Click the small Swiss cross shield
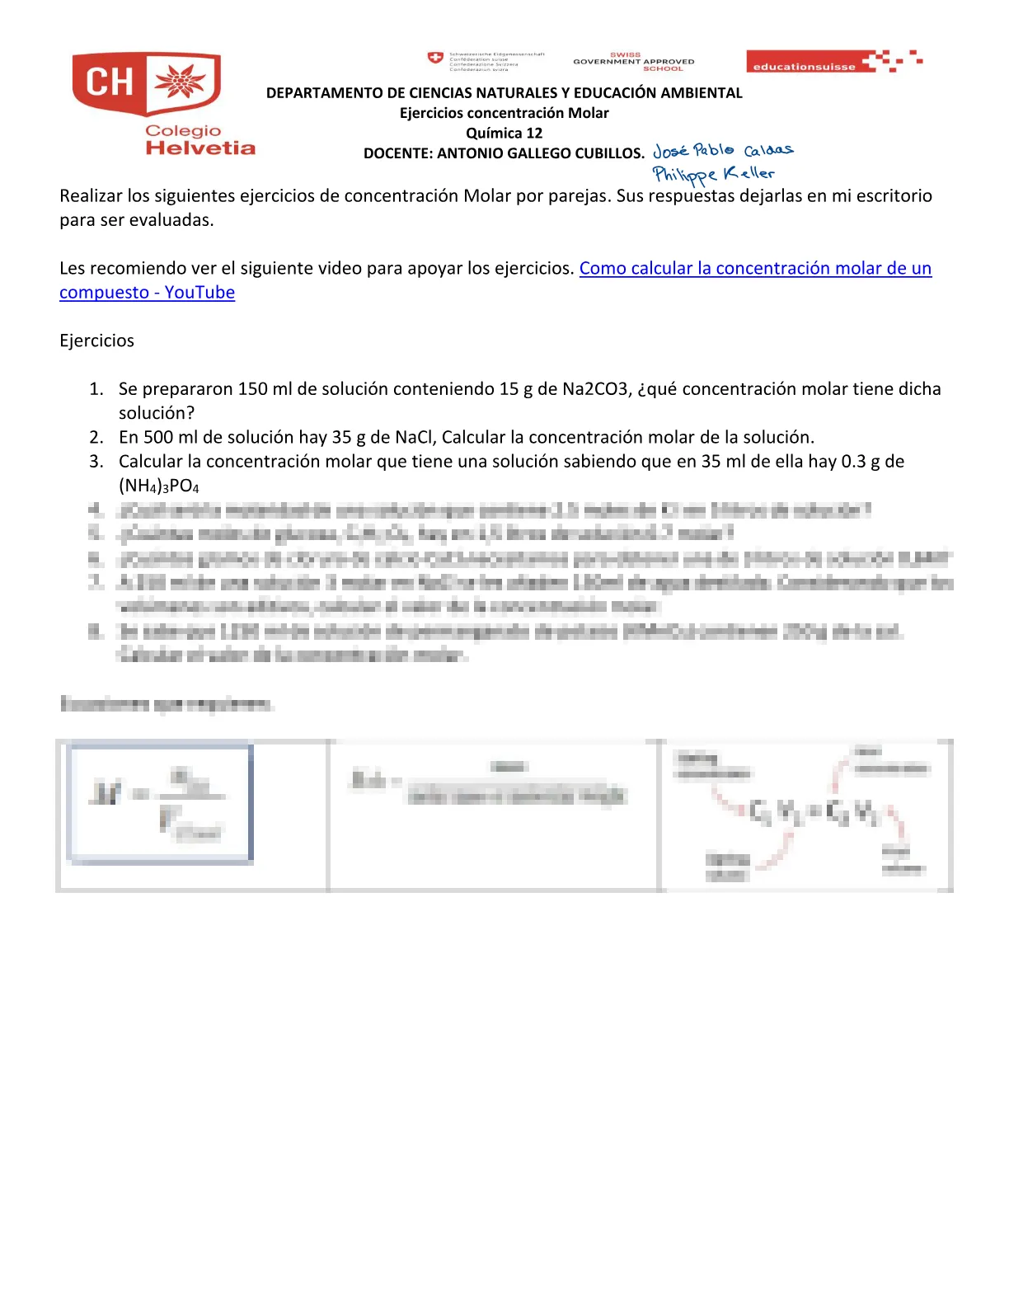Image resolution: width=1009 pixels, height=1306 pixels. (435, 58)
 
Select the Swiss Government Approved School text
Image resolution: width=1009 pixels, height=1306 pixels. (634, 62)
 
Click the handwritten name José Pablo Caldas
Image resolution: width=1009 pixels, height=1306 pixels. (722, 150)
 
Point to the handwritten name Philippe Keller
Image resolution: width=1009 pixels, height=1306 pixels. (713, 174)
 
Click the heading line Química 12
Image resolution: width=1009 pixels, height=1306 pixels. (504, 133)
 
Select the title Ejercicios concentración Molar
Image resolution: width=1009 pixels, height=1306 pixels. (504, 113)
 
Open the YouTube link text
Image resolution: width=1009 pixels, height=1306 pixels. (755, 268)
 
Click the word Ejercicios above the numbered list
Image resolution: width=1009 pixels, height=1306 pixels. (96, 341)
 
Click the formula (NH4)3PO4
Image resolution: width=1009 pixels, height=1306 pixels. (159, 486)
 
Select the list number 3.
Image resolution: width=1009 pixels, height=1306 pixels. (96, 461)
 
